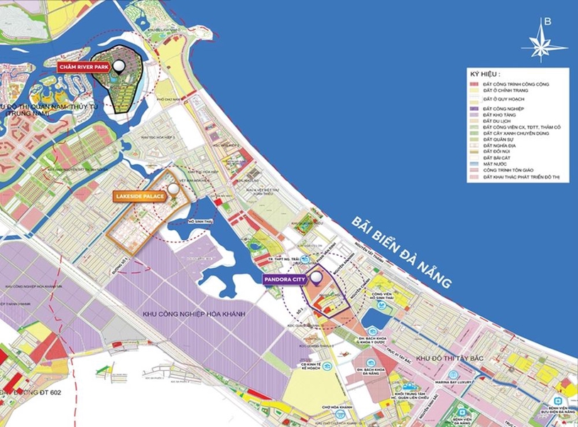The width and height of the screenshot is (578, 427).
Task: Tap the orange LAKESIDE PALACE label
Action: (x=139, y=195)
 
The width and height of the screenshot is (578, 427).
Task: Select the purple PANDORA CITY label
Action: (x=284, y=280)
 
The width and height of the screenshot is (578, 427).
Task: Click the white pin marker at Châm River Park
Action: (x=119, y=66)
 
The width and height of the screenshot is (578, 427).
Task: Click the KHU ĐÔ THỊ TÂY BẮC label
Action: (x=449, y=360)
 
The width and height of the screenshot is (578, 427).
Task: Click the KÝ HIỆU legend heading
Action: (x=485, y=74)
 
